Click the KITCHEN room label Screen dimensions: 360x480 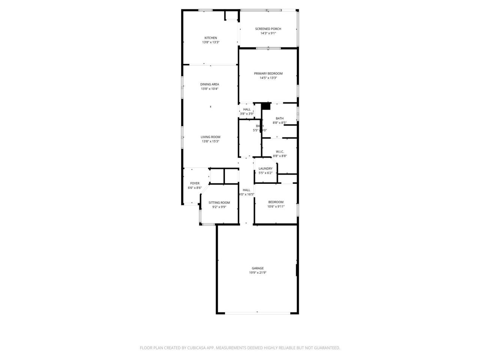point(210,38)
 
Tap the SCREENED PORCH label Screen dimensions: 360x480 point(268,29)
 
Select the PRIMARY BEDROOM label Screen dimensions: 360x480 point(268,73)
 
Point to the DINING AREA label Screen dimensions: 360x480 point(210,84)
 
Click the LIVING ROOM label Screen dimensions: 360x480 point(210,137)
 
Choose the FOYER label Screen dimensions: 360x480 point(195,183)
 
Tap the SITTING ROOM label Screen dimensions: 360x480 point(219,202)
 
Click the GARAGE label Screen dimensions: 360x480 point(258,268)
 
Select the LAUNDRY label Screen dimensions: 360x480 point(265,169)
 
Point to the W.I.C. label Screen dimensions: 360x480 point(280,151)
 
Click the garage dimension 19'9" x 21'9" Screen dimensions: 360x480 point(258,273)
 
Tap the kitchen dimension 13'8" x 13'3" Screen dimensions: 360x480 point(210,42)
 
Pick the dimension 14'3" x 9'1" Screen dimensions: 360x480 point(268,33)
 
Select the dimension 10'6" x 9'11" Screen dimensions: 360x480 point(276,207)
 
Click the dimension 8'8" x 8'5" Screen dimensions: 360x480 point(280,123)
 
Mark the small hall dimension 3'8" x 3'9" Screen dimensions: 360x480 point(247,114)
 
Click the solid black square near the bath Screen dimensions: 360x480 point(266,106)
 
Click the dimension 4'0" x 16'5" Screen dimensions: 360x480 point(246,194)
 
